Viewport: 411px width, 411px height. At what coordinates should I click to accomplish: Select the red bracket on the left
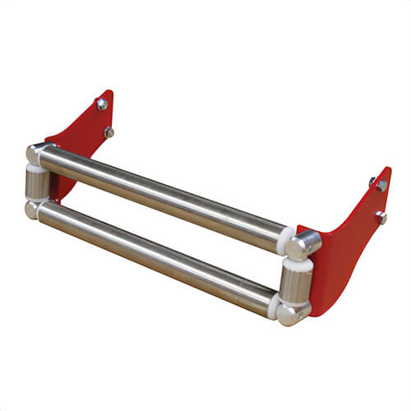tap(82, 136)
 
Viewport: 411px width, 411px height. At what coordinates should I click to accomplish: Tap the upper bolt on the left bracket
tap(102, 104)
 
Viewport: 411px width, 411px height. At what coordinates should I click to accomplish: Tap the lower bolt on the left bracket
tap(109, 132)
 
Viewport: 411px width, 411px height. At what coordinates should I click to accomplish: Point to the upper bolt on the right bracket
tap(382, 186)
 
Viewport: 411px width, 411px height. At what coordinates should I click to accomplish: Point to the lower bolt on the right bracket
tap(381, 217)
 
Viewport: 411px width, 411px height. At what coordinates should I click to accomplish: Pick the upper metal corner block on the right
tap(305, 244)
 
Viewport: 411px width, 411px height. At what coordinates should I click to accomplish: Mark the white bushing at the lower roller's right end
tap(272, 304)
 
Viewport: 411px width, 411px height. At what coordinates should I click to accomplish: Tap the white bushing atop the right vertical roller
tap(298, 264)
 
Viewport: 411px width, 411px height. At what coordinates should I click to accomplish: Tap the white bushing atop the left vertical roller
tap(36, 168)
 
